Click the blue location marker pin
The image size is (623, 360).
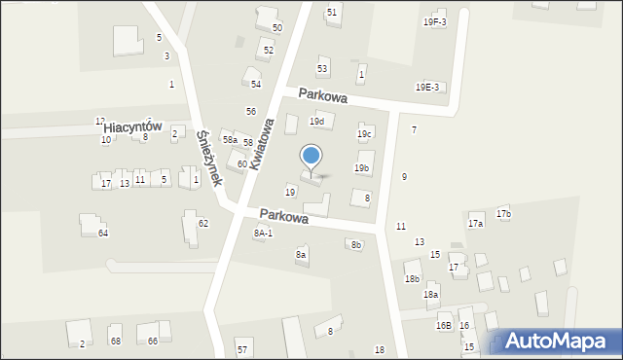click(x=311, y=157)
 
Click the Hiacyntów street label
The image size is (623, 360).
click(x=131, y=127)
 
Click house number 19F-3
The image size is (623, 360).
click(x=434, y=21)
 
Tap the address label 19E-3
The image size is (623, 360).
click(x=427, y=88)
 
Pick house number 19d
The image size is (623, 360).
click(x=316, y=122)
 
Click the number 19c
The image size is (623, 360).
click(x=364, y=133)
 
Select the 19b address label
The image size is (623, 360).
click(x=361, y=168)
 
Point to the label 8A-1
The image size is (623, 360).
click(x=263, y=234)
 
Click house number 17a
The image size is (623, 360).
click(x=475, y=224)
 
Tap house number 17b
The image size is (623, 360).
click(x=503, y=213)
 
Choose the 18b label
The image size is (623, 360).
click(x=412, y=279)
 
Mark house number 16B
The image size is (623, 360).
click(x=443, y=326)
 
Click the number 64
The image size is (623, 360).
click(x=102, y=234)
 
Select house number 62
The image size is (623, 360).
click(x=202, y=224)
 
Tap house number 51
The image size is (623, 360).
click(x=332, y=12)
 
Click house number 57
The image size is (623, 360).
click(x=242, y=349)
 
